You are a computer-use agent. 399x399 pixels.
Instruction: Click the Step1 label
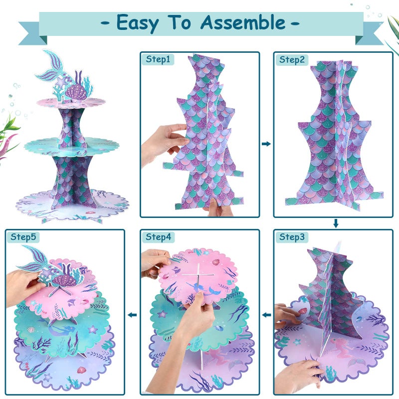pyautogui.click(x=158, y=59)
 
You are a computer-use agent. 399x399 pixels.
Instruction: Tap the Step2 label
pyautogui.click(x=291, y=59)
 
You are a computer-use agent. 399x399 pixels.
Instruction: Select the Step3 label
pyautogui.click(x=291, y=236)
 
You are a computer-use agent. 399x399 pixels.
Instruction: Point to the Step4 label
pyautogui.click(x=158, y=236)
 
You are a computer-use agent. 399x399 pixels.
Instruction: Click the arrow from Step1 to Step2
pyautogui.click(x=266, y=144)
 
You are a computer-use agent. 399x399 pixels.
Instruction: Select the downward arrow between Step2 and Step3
pyautogui.click(x=336, y=223)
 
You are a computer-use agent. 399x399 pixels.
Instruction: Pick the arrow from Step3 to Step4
pyautogui.click(x=266, y=315)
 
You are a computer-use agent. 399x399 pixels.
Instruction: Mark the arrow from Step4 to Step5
pyautogui.click(x=133, y=315)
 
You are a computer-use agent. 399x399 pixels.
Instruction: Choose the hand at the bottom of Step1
pyautogui.click(x=219, y=207)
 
